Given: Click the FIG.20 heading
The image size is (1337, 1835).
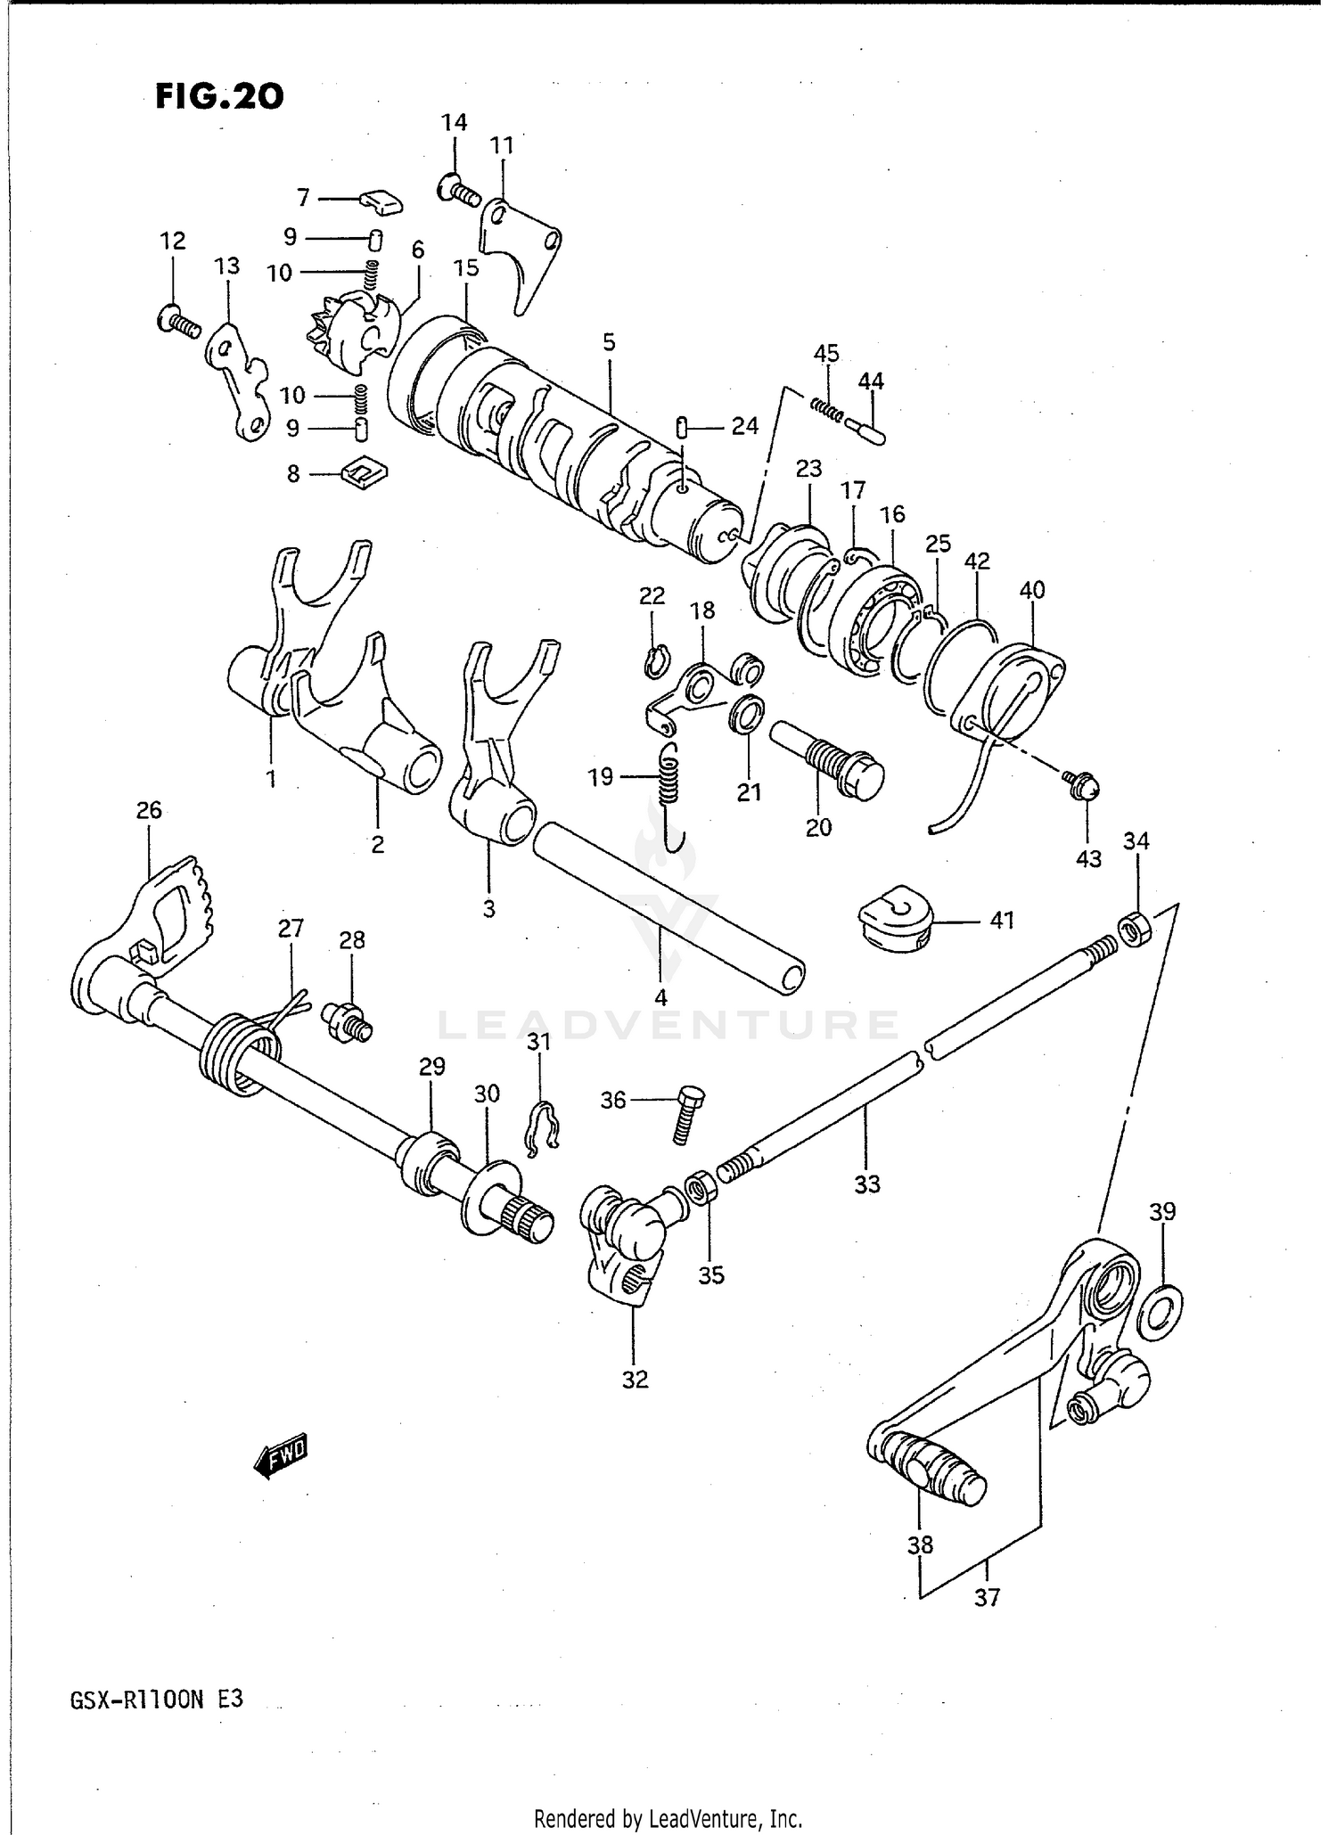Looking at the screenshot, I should [x=219, y=96].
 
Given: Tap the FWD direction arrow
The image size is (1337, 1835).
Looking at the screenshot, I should [x=281, y=1458].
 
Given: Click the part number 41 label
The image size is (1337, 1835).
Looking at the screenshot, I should [x=1002, y=919].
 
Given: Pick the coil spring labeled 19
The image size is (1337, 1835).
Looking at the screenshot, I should [x=669, y=778].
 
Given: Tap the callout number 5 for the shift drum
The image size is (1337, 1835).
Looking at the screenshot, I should [x=609, y=341].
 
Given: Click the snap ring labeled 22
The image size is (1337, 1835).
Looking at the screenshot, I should [x=654, y=662].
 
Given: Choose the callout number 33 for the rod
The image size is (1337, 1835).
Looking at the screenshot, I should [x=866, y=1184].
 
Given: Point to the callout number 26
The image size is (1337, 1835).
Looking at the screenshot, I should [x=149, y=810].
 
